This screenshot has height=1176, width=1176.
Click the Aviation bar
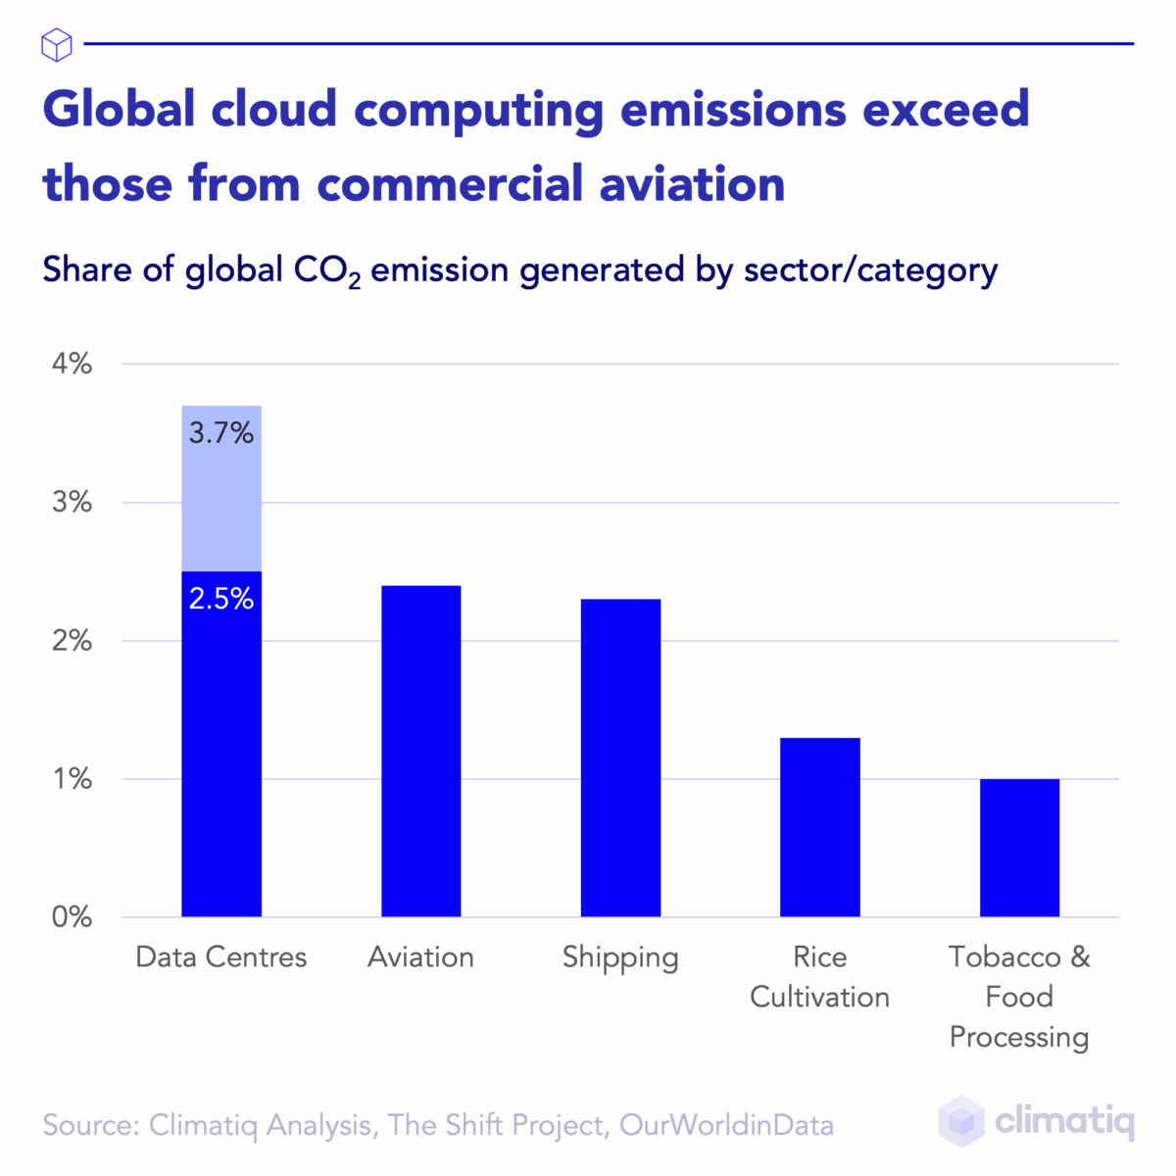pyautogui.click(x=420, y=751)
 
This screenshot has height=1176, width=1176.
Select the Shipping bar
pyautogui.click(x=620, y=758)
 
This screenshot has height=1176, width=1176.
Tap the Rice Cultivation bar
pyautogui.click(x=819, y=827)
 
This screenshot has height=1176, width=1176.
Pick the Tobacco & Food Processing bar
pyautogui.click(x=1019, y=848)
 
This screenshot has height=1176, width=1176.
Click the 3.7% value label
pyautogui.click(x=221, y=432)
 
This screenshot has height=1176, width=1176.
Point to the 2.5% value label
pyautogui.click(x=221, y=599)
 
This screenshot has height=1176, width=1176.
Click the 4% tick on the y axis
pyautogui.click(x=71, y=364)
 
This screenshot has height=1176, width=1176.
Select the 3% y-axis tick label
pyautogui.click(x=71, y=503)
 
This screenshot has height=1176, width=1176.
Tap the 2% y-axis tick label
pyautogui.click(x=71, y=641)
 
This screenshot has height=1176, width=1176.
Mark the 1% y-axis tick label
pyautogui.click(x=73, y=779)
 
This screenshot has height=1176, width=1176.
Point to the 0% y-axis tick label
pyautogui.click(x=71, y=917)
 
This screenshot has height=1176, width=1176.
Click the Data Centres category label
pyautogui.click(x=221, y=956)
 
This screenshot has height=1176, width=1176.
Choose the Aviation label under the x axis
pyautogui.click(x=420, y=956)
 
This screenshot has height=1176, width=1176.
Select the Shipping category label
pyautogui.click(x=620, y=957)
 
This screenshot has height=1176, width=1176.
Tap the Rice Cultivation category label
pyautogui.click(x=819, y=977)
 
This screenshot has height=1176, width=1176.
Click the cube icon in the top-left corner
pyautogui.click(x=57, y=44)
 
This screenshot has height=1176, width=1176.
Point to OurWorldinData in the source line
pyautogui.click(x=726, y=1125)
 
